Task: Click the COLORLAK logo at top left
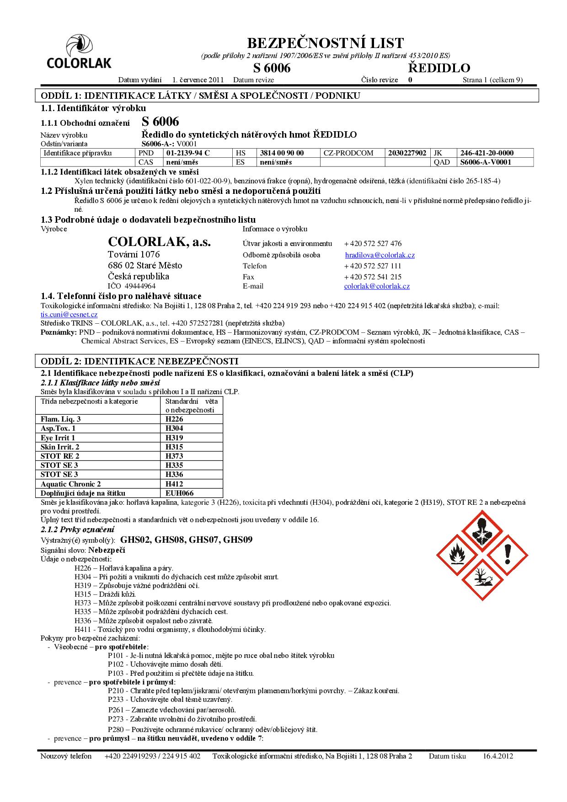point(79,53)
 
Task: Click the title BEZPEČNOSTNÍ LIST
point(326,43)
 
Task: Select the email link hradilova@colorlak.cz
point(380,255)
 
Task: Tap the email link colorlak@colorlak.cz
point(377,286)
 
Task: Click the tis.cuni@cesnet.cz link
point(69,315)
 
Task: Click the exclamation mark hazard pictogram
point(507,555)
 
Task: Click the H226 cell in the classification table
point(174,419)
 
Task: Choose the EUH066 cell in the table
point(180,493)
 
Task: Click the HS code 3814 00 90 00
point(282,153)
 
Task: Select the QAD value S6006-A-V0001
point(486,162)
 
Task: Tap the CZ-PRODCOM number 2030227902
point(407,153)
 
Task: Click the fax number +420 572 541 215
point(373,277)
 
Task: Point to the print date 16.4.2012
point(498,756)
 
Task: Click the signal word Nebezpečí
point(107,550)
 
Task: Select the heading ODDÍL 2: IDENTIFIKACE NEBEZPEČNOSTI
point(140,361)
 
